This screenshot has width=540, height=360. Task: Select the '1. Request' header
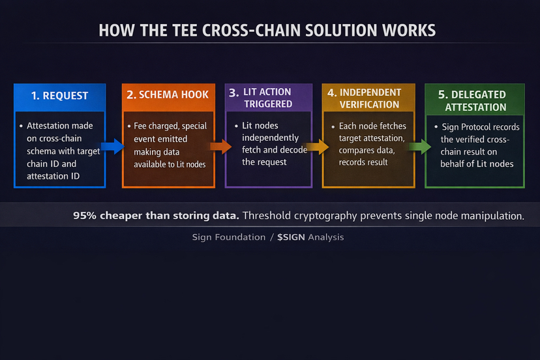pyautogui.click(x=59, y=95)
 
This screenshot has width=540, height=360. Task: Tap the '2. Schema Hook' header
pyautogui.click(x=168, y=95)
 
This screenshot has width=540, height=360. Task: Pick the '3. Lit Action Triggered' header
pyautogui.click(x=267, y=97)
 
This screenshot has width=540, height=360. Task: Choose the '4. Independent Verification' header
pyautogui.click(x=368, y=98)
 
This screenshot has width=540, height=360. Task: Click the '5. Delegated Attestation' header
pyautogui.click(x=475, y=101)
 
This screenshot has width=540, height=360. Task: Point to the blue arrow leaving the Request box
pyautogui.click(x=113, y=146)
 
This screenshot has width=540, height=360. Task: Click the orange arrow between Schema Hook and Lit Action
pyautogui.click(x=220, y=147)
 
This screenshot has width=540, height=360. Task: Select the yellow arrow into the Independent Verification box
pyautogui.click(x=317, y=147)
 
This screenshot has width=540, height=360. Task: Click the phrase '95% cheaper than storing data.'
pyautogui.click(x=156, y=215)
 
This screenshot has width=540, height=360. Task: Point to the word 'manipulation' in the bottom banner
pyautogui.click(x=492, y=215)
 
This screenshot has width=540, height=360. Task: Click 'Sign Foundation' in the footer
pyautogui.click(x=228, y=237)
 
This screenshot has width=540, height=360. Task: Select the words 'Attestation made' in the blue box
pyautogui.click(x=60, y=126)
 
